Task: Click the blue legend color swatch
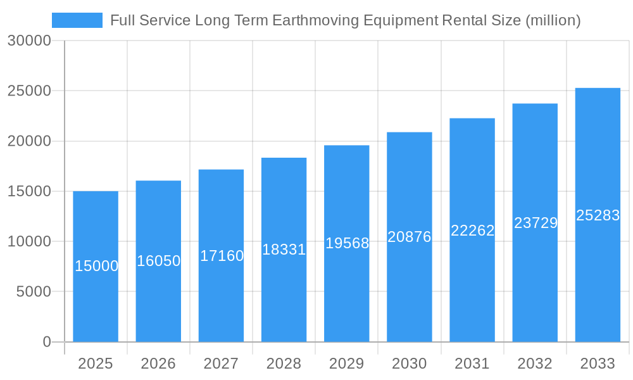77,20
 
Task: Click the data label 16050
159,261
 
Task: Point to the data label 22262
473,231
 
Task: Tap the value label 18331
284,250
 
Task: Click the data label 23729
536,223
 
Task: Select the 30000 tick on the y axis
29,41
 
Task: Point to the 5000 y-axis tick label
33,292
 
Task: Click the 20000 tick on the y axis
29,141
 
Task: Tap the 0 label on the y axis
47,342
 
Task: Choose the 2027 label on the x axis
221,364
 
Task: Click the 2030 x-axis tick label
410,364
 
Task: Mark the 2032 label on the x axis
535,364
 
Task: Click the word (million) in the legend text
553,20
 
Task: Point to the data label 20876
410,237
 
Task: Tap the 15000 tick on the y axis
29,191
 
